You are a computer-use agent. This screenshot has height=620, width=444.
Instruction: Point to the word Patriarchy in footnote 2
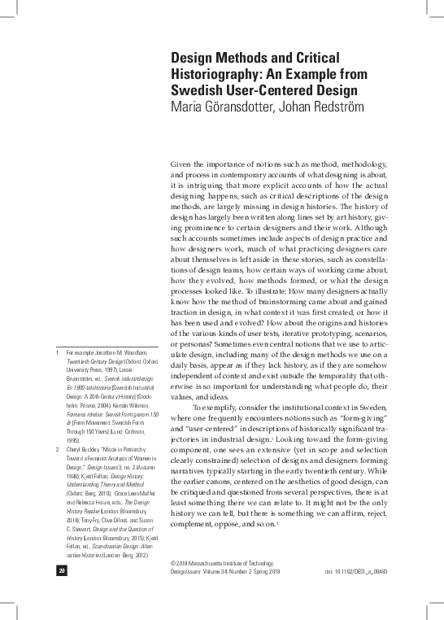coord(140,448)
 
